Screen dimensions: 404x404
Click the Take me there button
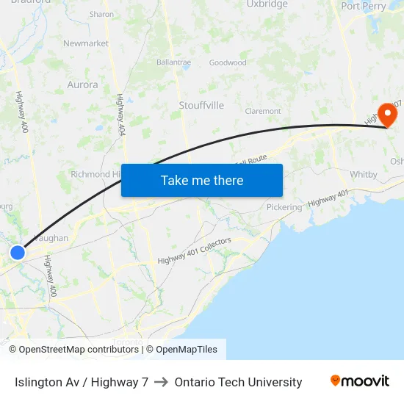point(202,180)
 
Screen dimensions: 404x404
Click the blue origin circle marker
point(17,253)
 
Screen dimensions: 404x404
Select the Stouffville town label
point(201,106)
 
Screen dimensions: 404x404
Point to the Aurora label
point(82,84)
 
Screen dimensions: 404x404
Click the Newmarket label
point(86,43)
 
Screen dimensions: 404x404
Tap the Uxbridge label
point(267,4)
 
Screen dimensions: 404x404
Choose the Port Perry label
point(364,6)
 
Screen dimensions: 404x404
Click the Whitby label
point(364,174)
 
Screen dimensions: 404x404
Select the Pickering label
point(284,207)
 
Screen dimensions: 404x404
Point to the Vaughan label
point(51,238)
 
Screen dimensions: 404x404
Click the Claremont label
point(263,112)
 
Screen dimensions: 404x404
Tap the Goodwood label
point(228,62)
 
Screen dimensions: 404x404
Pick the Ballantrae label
point(173,62)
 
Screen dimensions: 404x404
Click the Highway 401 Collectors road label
point(195,251)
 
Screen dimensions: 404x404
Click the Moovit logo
point(360,380)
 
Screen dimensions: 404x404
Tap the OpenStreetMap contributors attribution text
point(79,350)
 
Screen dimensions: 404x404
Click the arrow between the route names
point(162,382)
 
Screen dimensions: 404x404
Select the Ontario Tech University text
point(238,382)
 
